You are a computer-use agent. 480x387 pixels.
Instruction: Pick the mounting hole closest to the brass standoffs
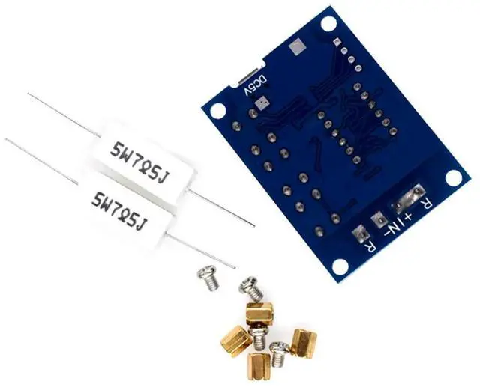coord(340,266)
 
